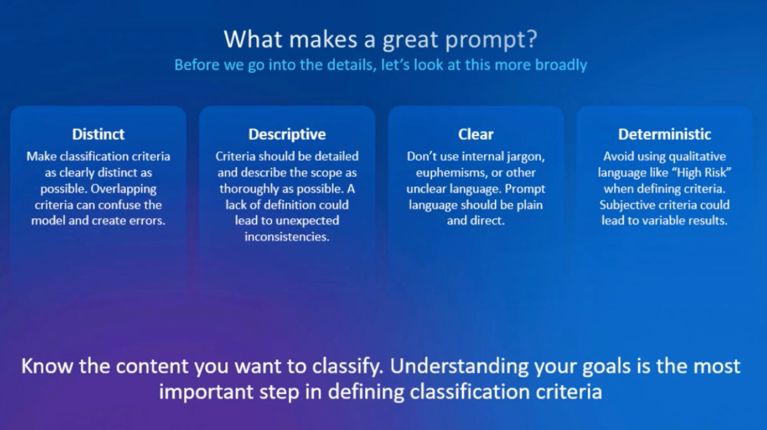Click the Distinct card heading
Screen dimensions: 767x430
tap(98, 134)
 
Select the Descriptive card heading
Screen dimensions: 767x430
tap(287, 134)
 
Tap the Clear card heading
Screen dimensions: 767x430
tap(476, 134)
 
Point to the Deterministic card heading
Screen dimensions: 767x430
tap(665, 134)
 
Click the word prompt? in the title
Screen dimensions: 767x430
tap(491, 40)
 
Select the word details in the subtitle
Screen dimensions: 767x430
tap(351, 65)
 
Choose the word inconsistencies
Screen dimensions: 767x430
tap(287, 237)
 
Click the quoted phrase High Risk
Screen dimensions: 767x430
tap(701, 172)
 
